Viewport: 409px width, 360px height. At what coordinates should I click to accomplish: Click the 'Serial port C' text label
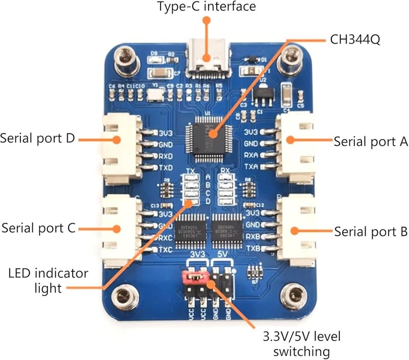point(39,227)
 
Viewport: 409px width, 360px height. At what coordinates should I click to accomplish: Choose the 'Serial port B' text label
point(368,231)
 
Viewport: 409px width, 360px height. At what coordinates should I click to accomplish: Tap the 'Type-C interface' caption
point(207,7)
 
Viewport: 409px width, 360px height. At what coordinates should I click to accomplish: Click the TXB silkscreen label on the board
point(253,248)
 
